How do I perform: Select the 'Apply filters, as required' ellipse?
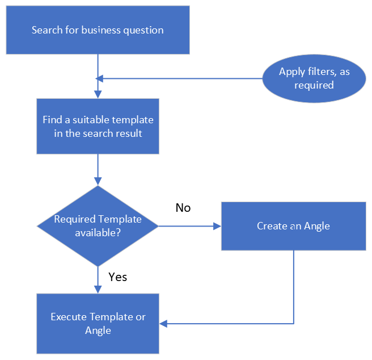314,78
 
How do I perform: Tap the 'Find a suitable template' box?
98,126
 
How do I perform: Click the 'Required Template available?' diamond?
98,226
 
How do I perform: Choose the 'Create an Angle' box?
293,226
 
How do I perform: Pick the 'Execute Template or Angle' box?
98,324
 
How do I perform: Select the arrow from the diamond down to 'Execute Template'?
98,279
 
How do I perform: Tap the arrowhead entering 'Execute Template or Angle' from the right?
164,324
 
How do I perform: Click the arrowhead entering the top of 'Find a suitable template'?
98,94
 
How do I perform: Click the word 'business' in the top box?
102,30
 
